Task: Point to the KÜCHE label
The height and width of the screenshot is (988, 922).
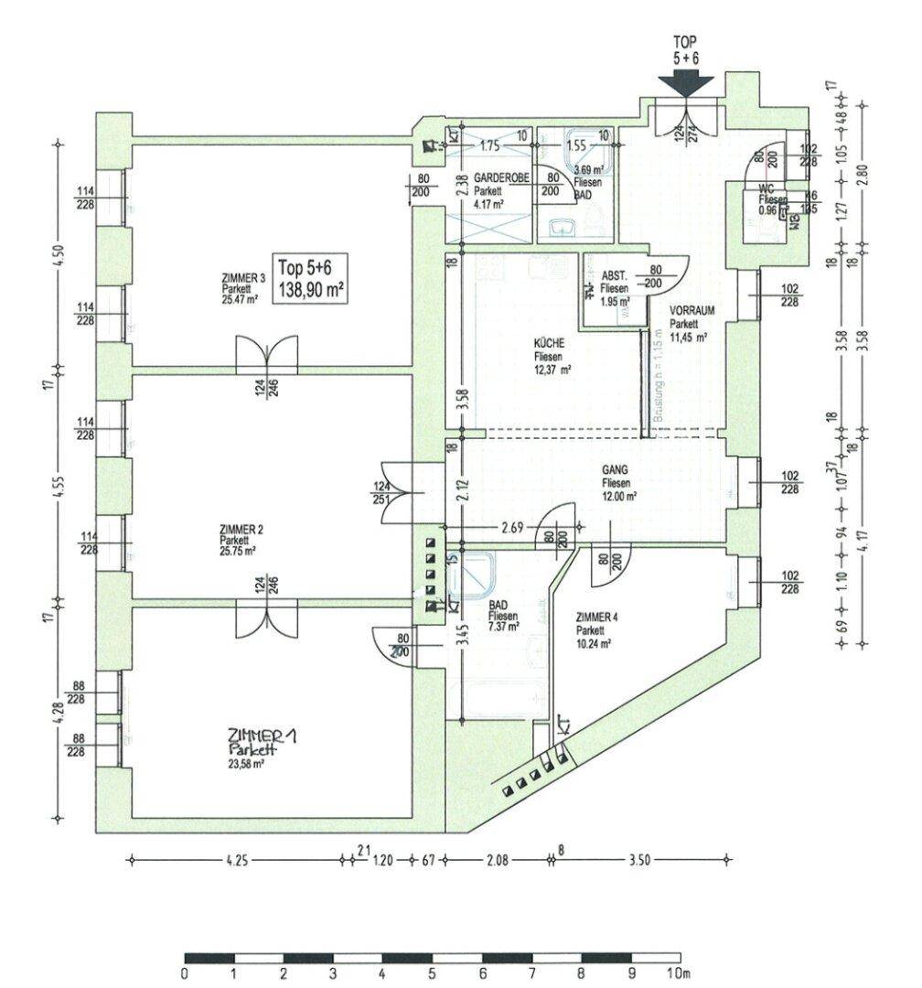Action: (548, 345)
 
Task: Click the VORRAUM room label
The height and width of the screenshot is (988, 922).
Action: (691, 311)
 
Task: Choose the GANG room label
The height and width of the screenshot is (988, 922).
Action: (614, 472)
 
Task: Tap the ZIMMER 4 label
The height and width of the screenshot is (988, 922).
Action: (596, 617)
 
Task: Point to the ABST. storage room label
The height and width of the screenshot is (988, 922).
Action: (613, 276)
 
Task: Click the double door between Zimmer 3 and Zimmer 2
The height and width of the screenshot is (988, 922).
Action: (267, 354)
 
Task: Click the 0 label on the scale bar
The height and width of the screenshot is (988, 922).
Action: (186, 972)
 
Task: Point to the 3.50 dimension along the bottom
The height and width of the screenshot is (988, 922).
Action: (638, 860)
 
